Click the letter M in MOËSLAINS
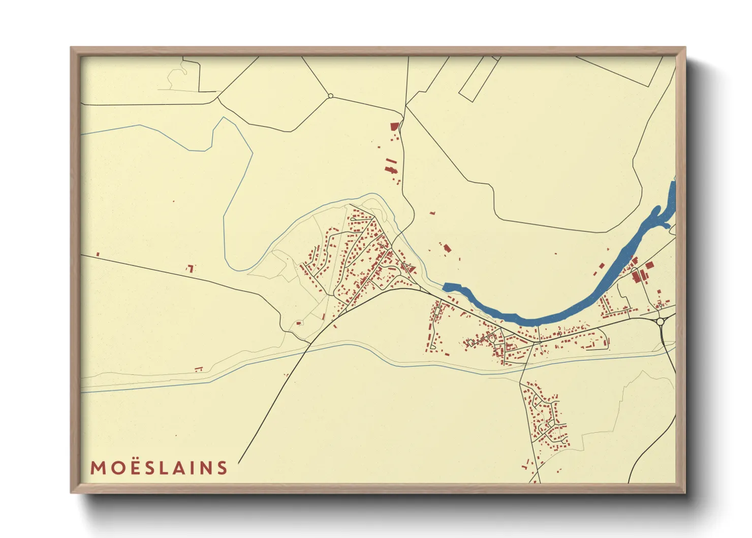tap(98, 468)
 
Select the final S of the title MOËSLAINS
tap(222, 468)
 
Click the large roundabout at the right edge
tap(660, 321)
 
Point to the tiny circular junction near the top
tap(330, 96)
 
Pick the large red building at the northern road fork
tap(394, 127)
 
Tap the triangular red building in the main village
tap(411, 267)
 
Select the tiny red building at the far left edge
tap(98, 254)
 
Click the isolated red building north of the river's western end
tap(447, 248)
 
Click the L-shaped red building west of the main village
tap(191, 267)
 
